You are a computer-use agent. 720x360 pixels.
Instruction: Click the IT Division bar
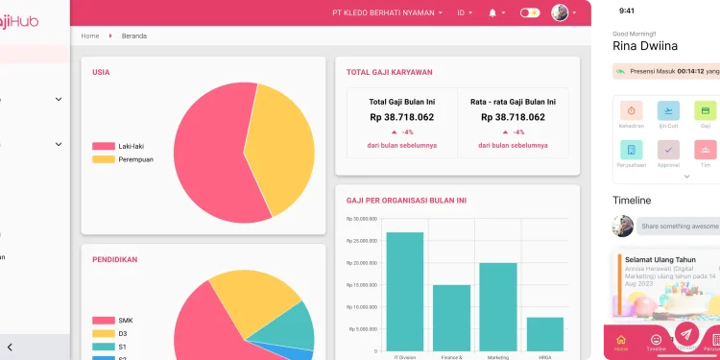pos(404,293)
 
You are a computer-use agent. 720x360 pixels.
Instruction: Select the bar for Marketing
pos(498,307)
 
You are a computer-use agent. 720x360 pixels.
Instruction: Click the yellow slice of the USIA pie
pos(283,144)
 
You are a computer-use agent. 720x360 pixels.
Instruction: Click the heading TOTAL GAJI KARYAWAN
pos(389,72)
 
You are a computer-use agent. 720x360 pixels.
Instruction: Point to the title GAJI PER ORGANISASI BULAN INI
pos(406,201)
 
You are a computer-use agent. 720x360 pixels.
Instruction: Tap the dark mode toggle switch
pos(530,12)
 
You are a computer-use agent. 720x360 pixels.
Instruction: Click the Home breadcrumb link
pos(90,36)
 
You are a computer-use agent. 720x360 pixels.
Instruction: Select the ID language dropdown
pos(465,12)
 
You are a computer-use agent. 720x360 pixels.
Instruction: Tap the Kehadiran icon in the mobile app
pos(631,110)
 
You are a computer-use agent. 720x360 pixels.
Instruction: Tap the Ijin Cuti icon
pos(668,110)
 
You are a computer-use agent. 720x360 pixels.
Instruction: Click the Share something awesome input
pos(677,226)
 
